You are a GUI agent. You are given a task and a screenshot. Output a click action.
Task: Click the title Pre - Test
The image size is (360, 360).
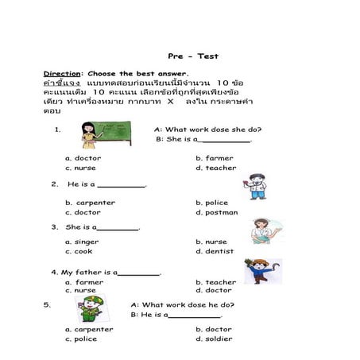[193, 56]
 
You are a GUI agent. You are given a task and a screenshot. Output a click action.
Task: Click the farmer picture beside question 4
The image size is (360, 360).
[261, 271]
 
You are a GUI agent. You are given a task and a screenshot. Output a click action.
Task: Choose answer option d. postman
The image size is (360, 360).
[216, 212]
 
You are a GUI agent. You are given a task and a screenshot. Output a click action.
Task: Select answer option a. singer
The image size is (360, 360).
[83, 242]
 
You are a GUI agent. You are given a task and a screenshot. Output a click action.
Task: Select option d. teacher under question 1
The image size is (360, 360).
[215, 168]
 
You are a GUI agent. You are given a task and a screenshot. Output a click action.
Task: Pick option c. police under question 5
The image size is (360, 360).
[81, 339]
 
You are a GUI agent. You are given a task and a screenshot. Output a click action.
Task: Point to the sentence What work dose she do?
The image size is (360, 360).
[207, 129]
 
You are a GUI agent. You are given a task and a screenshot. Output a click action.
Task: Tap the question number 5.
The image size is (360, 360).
[48, 303]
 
